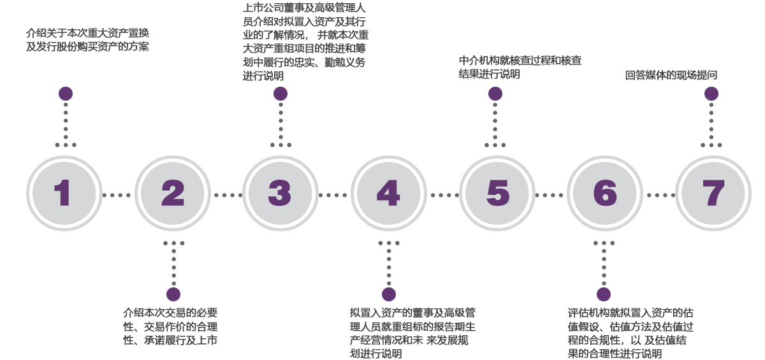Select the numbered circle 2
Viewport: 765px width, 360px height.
(x=173, y=192)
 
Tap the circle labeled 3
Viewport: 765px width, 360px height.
(x=280, y=192)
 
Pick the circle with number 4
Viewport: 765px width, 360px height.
(x=388, y=192)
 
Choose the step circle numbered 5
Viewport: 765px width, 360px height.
(x=497, y=192)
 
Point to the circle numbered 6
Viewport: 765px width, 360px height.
(x=604, y=192)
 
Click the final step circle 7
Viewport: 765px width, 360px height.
(x=712, y=192)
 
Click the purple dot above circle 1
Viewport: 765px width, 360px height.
(x=65, y=94)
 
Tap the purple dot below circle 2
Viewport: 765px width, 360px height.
(x=173, y=294)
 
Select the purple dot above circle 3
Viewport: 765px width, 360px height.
(x=280, y=94)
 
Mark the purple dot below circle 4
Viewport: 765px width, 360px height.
(x=388, y=294)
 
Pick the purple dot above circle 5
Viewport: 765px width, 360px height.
(x=495, y=94)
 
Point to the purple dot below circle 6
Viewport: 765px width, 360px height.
(x=604, y=294)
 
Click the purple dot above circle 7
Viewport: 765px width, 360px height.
(x=711, y=94)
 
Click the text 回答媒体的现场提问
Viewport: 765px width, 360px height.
(x=671, y=75)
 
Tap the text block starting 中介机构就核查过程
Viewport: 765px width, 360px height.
(x=520, y=67)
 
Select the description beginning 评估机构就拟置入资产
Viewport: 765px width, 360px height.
(x=630, y=333)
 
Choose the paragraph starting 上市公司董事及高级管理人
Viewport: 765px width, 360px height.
(x=304, y=42)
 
